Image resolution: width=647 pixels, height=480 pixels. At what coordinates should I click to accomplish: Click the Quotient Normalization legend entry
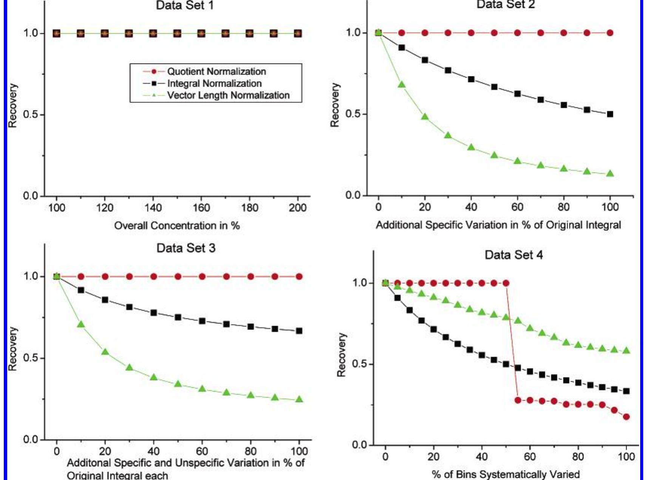tap(216, 71)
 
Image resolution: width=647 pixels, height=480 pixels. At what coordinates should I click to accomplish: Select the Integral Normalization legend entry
tap(214, 84)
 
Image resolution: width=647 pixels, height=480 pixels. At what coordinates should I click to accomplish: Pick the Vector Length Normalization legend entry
tap(228, 95)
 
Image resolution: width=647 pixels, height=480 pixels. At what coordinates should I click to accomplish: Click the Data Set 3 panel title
tap(186, 248)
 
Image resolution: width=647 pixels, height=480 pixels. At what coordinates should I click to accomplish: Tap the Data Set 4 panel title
tap(514, 255)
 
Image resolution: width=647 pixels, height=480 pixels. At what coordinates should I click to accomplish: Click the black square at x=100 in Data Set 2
tap(610, 114)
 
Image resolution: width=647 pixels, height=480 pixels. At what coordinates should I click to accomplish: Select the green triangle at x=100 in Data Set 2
tap(610, 174)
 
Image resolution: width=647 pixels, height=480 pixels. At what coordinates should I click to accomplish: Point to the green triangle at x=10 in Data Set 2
tap(402, 85)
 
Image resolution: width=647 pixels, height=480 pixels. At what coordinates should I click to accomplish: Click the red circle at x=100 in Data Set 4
tap(626, 417)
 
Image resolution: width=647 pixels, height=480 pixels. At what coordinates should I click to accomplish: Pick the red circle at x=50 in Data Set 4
tap(506, 283)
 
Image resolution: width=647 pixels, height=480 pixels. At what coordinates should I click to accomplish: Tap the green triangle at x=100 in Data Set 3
tap(299, 399)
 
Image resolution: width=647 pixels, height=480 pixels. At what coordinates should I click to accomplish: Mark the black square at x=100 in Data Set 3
tap(299, 331)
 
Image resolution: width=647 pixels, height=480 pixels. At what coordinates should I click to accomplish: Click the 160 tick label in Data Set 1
tap(201, 207)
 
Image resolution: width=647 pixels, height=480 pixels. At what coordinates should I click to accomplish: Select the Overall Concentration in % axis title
tap(177, 226)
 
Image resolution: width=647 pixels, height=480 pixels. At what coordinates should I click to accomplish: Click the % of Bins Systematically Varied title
tap(506, 474)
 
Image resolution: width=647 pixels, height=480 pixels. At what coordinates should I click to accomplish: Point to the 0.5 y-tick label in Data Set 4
tap(359, 364)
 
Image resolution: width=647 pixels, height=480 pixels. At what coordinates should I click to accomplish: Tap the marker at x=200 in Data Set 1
tap(298, 34)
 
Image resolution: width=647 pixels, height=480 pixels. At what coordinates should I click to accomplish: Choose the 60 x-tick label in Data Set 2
tap(517, 207)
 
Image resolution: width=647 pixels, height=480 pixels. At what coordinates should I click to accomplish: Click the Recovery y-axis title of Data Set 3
tap(13, 349)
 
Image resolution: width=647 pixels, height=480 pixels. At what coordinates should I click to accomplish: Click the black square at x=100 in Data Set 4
tap(626, 391)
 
